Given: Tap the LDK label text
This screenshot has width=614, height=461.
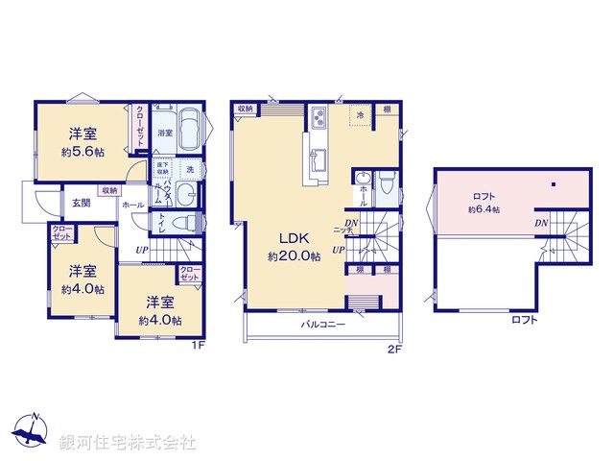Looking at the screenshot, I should tap(293, 238).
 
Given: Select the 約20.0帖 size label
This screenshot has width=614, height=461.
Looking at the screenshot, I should tap(293, 256).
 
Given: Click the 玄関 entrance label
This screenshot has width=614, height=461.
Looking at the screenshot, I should tap(81, 203).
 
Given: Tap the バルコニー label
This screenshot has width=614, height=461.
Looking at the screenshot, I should tap(323, 326).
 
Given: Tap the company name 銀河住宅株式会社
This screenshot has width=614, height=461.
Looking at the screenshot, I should tap(127, 443).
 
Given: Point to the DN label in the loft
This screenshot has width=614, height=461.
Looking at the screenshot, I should tap(541, 223).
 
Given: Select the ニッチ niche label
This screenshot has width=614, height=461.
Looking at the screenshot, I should tap(342, 231).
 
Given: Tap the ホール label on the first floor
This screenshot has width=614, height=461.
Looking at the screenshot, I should tap(133, 205).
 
